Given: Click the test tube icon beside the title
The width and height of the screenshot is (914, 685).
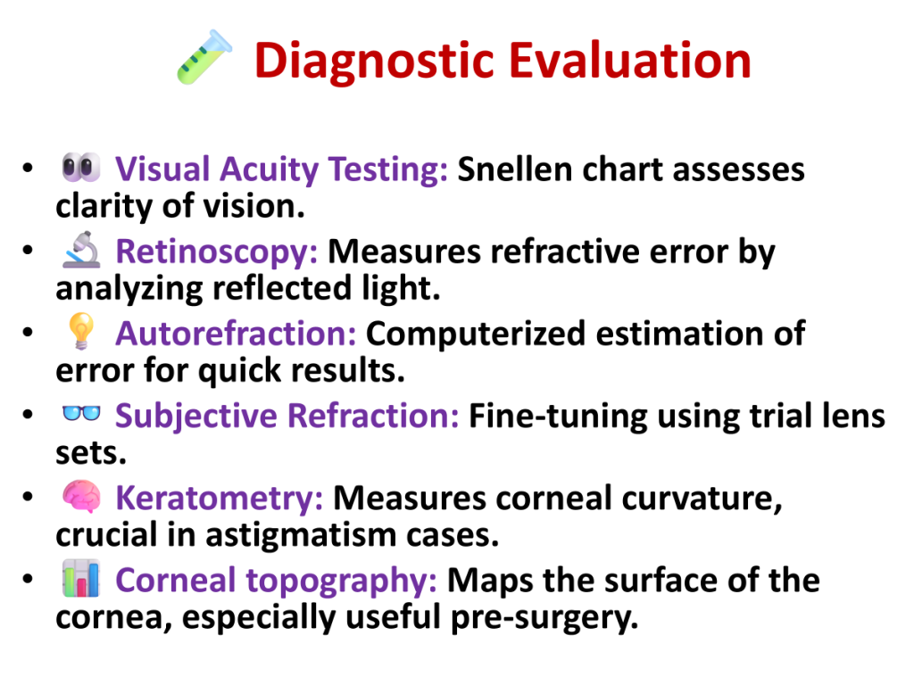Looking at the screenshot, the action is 204,57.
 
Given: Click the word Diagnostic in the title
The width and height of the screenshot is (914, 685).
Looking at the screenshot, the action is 375,62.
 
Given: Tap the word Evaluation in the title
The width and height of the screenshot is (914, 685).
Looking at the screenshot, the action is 630,60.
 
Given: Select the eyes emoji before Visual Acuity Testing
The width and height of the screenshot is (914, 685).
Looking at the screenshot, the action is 81,167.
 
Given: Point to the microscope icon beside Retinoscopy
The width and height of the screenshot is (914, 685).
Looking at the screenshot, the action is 81,250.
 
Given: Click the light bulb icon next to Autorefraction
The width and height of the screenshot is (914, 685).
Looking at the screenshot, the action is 81,331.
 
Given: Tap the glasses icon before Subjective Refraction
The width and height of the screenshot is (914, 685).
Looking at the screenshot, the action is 81,413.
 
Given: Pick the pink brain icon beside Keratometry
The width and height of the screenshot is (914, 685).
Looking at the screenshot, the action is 81,496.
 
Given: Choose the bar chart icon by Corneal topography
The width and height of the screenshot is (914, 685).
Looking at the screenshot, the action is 81,578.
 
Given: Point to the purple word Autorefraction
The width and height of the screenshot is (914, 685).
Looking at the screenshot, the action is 236,334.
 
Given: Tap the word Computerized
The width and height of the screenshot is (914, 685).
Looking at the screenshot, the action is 475,335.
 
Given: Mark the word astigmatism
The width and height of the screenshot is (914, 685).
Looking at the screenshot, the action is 301,535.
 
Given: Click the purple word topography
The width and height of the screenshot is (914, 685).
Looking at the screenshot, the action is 341,582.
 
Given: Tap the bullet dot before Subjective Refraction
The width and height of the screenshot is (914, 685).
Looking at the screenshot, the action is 28,414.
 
